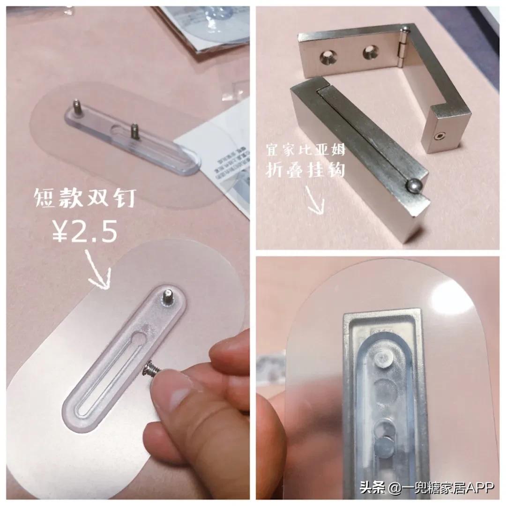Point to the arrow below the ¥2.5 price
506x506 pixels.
pyautogui.click(x=97, y=271)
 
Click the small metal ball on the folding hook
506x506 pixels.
pyautogui.click(x=414, y=186)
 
